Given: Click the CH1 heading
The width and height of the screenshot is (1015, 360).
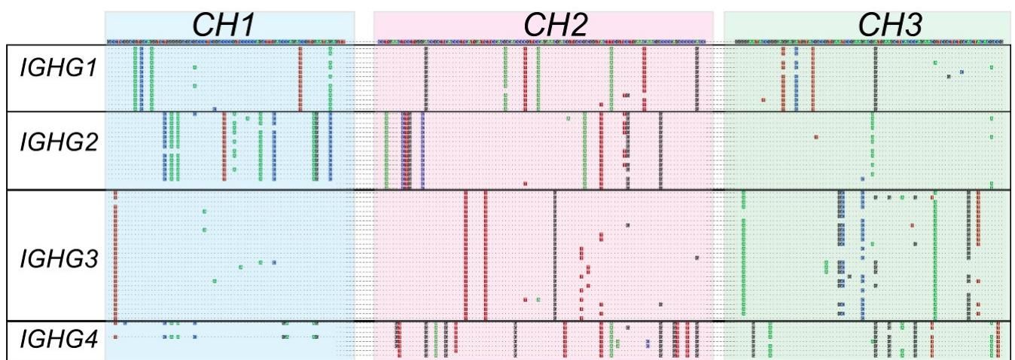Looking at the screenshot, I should tap(230, 23).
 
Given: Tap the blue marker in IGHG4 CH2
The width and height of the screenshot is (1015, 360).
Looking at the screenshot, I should tap(648, 342).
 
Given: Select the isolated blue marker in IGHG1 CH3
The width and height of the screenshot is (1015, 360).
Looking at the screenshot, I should tap(962, 72).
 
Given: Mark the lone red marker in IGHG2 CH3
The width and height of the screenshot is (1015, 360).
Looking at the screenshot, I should tap(817, 136).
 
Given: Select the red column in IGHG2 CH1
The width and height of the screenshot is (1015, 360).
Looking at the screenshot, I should tap(224, 148).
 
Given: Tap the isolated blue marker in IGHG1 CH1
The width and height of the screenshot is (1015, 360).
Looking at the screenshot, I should tap(215, 108).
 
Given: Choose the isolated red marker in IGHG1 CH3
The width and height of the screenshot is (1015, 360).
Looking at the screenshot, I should tap(764, 99).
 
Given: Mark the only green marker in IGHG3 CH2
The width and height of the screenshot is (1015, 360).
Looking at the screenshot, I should tap(538, 299).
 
